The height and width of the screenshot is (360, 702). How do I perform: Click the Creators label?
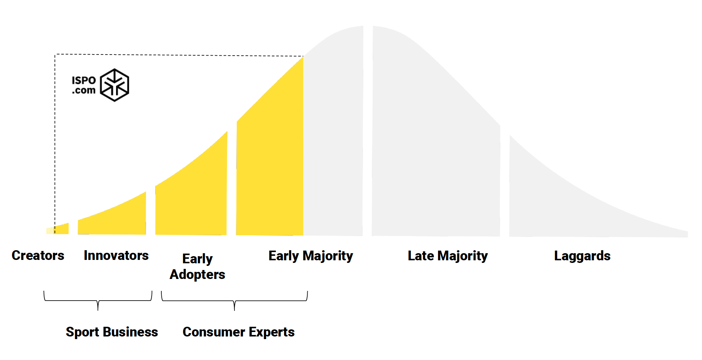pos(38,255)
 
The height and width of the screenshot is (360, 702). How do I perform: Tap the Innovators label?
pos(116,255)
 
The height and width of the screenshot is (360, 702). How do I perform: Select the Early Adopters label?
pos(198,266)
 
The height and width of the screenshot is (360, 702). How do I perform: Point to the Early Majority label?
pos(311,256)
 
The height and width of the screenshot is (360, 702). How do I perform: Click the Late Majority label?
pos(448,256)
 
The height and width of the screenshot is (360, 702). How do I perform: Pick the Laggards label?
pos(582,256)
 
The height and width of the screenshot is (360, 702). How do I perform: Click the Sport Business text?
pos(112,332)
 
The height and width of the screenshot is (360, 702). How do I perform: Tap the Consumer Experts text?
pos(239,332)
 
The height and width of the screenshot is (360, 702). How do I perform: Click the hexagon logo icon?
pos(115,85)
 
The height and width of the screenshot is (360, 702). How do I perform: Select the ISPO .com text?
pos(84,85)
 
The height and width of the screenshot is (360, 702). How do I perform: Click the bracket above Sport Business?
pos(98,301)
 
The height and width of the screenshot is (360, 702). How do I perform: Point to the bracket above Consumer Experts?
pos(234,301)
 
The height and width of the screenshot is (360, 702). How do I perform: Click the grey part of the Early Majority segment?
pos(333,142)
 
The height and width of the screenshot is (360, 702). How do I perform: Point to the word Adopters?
pos(198,274)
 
